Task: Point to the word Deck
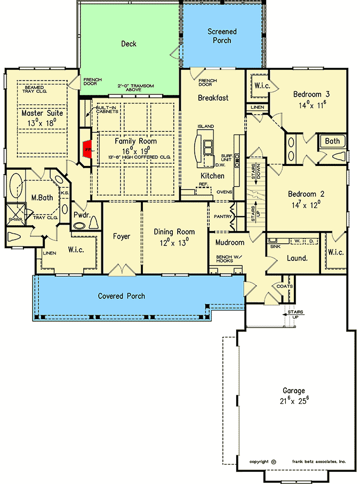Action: click(x=129, y=44)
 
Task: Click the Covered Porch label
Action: click(x=121, y=296)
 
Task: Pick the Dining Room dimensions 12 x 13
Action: click(x=174, y=241)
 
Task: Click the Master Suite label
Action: click(x=42, y=113)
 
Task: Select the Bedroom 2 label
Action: click(x=306, y=194)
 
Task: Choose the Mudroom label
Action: click(x=229, y=243)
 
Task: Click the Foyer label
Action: click(x=122, y=236)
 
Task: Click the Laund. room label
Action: click(x=297, y=258)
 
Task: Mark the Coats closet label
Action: click(x=285, y=286)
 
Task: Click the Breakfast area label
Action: click(x=213, y=98)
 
